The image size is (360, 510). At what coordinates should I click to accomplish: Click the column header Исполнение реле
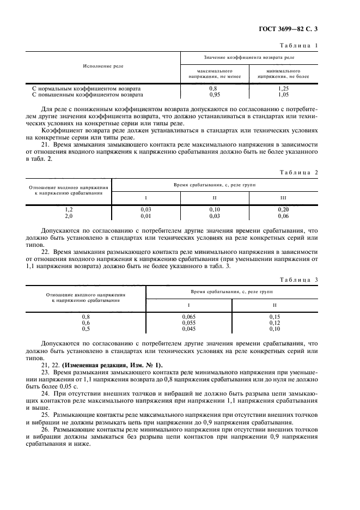[x=103, y=66]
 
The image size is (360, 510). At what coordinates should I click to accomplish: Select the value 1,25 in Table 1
[x=283, y=88]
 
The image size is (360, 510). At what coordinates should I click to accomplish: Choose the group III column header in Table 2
[x=283, y=197]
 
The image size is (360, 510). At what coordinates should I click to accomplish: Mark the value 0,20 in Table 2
[x=283, y=209]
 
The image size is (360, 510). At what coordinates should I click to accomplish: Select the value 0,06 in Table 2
[x=283, y=215]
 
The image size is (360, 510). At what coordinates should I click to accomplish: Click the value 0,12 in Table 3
[x=274, y=323]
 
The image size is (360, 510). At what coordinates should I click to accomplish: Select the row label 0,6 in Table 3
[x=86, y=323]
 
